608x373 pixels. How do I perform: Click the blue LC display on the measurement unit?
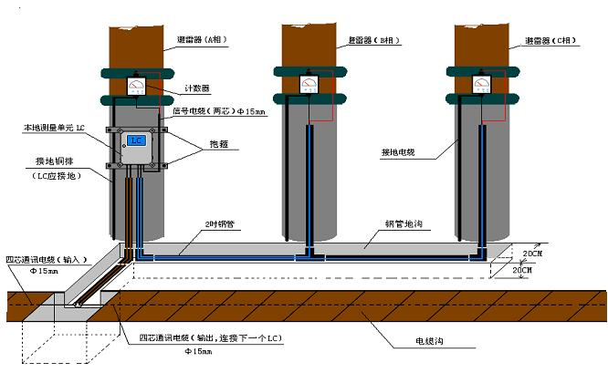pyautogui.click(x=137, y=141)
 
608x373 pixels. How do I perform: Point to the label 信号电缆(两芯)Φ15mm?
pyautogui.click(x=219, y=112)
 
